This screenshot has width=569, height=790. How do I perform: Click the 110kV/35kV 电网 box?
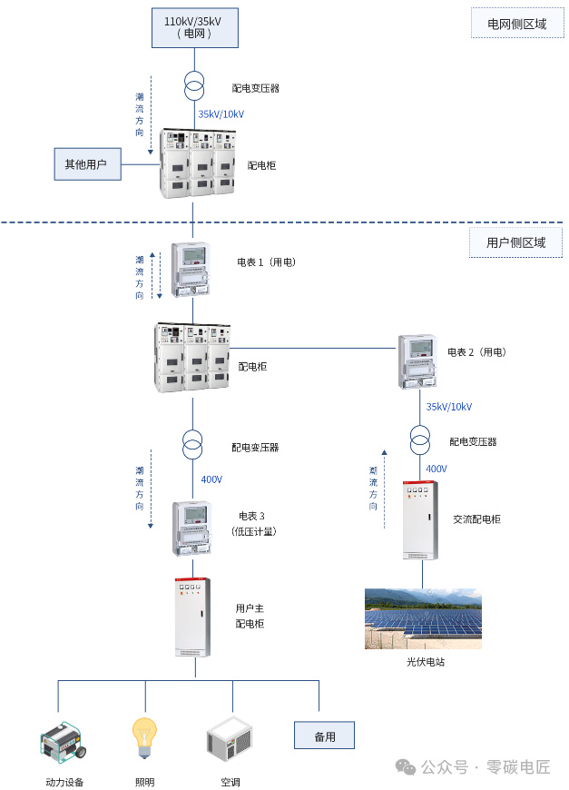point(195,28)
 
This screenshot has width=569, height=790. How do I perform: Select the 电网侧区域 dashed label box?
point(517,24)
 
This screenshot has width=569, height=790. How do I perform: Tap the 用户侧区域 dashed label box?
point(515,242)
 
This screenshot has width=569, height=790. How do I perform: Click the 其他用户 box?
point(88,164)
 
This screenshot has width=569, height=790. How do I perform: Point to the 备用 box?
point(324,736)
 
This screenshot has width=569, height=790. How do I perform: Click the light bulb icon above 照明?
point(144,738)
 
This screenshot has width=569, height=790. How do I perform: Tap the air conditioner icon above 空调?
point(230,739)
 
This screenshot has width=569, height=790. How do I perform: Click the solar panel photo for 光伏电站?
point(423,618)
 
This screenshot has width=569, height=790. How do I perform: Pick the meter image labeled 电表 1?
point(191,270)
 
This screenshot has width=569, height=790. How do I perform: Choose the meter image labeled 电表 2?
point(417,361)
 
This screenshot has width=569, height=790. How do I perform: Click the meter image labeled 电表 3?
point(191,528)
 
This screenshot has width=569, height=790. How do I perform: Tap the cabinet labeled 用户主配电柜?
point(192,617)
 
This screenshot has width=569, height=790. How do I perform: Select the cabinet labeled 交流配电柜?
point(420,520)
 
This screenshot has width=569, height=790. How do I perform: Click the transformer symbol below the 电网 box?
point(194,86)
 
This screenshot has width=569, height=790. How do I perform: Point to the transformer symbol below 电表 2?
point(420,440)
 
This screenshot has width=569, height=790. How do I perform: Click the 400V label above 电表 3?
point(211,479)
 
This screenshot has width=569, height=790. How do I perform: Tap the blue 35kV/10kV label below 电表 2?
point(449,407)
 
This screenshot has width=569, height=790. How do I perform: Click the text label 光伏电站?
point(426,662)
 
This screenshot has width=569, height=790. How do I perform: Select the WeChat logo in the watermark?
point(406,766)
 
